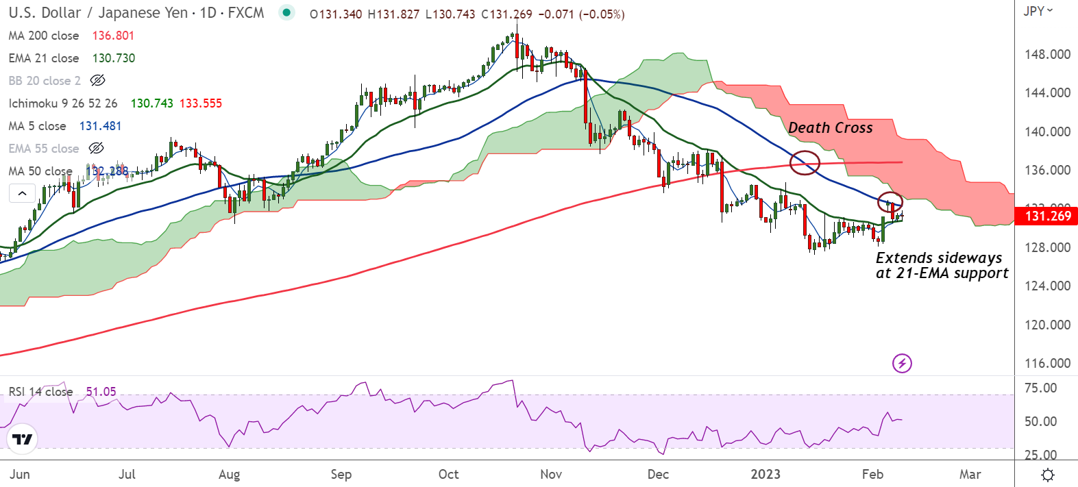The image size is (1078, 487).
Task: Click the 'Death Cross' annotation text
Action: (x=830, y=128)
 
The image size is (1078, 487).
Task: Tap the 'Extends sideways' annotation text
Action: (x=939, y=258)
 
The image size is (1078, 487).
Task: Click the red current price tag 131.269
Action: (x=1047, y=216)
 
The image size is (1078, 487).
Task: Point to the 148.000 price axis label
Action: (x=1047, y=54)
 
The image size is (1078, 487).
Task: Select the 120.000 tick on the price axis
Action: (x=1047, y=325)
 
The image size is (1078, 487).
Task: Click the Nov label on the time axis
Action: (x=551, y=474)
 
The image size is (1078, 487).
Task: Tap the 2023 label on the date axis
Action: (x=765, y=474)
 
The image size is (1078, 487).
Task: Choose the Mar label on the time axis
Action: (x=970, y=474)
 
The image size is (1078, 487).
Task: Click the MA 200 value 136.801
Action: (x=113, y=36)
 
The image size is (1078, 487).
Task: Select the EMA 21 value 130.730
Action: (x=114, y=58)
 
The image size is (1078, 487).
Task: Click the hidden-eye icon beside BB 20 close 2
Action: (x=98, y=81)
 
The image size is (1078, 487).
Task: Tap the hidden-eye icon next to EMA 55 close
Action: (x=97, y=149)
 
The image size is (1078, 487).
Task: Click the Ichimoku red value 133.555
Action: (x=201, y=103)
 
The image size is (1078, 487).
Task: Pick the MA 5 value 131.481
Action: (x=100, y=126)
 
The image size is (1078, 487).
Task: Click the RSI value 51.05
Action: (x=101, y=392)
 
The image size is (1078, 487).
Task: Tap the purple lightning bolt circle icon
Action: (x=902, y=363)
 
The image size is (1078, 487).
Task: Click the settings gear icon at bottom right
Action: (x=1047, y=475)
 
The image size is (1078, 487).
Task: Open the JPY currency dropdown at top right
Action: (x=1038, y=11)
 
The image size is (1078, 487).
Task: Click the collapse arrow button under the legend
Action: (x=22, y=193)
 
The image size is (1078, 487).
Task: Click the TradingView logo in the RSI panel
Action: (x=23, y=439)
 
